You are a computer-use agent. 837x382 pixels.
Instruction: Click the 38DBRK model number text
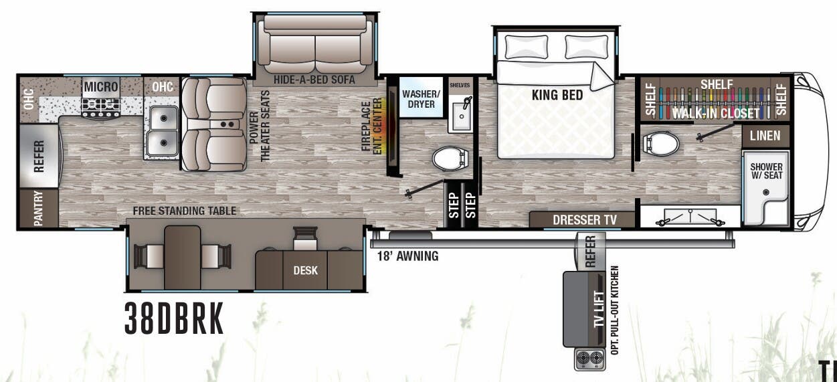[x=174, y=320]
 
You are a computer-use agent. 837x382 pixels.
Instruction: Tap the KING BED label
[x=557, y=95]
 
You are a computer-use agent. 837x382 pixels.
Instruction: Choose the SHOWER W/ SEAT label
[x=766, y=171]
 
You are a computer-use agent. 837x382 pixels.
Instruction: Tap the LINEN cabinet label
[x=765, y=136]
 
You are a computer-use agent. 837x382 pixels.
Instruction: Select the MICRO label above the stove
[x=101, y=87]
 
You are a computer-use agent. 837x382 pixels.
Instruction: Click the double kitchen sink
[x=161, y=131]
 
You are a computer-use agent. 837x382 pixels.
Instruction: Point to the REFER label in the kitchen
[x=39, y=156]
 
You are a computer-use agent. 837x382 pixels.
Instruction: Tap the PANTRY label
[x=37, y=209]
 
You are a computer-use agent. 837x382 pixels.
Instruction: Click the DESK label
[x=306, y=271]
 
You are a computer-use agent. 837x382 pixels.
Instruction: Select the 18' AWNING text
[x=407, y=256]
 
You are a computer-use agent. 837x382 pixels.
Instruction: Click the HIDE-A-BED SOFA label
[x=313, y=80]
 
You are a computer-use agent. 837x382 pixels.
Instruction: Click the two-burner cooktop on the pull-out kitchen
[x=589, y=358]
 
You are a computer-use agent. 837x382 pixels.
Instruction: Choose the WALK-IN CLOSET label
[x=716, y=113]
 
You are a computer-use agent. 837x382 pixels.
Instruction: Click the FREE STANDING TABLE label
[x=184, y=211]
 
